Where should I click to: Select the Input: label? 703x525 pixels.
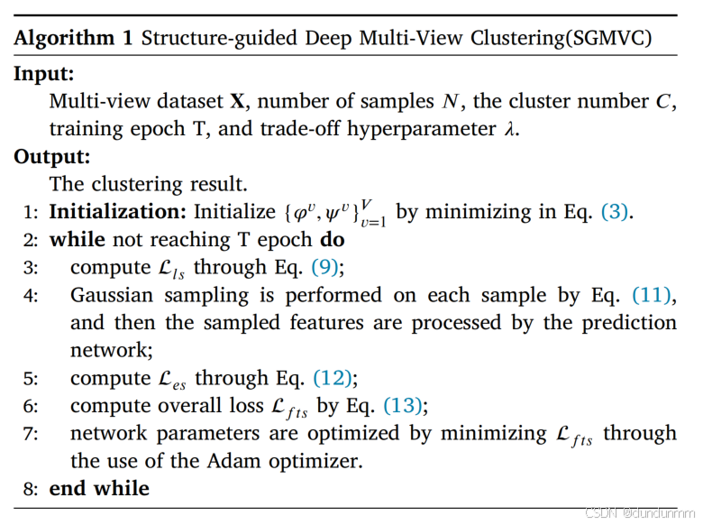pyautogui.click(x=43, y=73)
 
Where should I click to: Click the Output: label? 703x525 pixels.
pyautogui.click(x=51, y=156)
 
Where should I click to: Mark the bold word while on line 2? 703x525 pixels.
pyautogui.click(x=77, y=240)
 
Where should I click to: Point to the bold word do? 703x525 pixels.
pyautogui.click(x=332, y=240)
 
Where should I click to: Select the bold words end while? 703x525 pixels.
pyautogui.click(x=99, y=489)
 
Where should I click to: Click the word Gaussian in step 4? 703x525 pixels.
pyautogui.click(x=109, y=295)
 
